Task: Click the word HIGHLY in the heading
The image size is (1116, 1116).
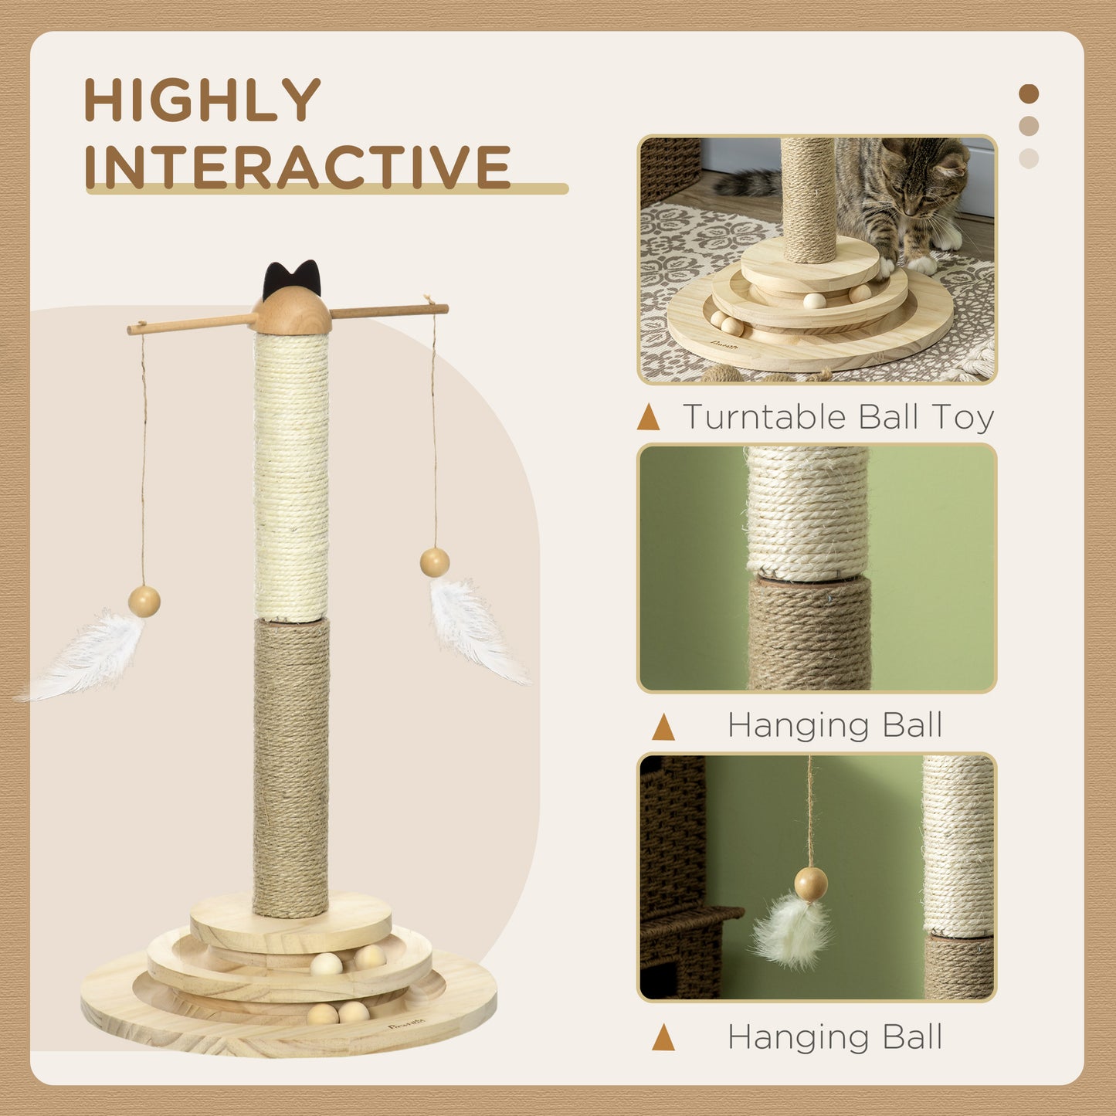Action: (x=202, y=100)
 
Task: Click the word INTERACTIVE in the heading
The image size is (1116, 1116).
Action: (x=297, y=166)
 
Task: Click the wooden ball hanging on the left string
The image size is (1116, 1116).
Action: (x=144, y=600)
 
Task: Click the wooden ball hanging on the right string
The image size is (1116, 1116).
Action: (x=435, y=562)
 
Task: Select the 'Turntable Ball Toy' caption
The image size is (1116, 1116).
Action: (x=838, y=417)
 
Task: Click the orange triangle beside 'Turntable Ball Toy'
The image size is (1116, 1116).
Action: (x=648, y=418)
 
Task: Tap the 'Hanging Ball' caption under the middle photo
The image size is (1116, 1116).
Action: (x=835, y=725)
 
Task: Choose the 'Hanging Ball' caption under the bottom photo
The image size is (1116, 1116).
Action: (x=835, y=1037)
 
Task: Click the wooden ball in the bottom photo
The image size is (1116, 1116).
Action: (x=811, y=883)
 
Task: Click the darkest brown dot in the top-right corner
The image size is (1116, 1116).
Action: (x=1029, y=94)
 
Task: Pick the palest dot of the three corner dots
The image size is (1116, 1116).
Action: (x=1029, y=158)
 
